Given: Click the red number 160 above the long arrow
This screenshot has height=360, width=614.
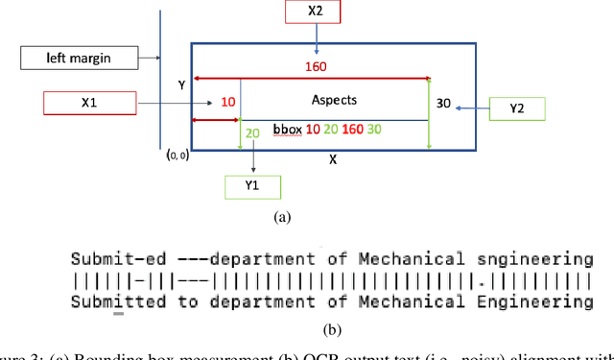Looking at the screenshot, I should (x=316, y=67).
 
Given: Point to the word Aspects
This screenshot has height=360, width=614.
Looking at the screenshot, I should (x=335, y=100).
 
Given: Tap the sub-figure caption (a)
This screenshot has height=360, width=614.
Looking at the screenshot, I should (x=281, y=217).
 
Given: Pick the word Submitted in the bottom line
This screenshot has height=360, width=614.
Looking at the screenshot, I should (x=111, y=301).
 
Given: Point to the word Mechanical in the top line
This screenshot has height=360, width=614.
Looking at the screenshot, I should (x=406, y=258).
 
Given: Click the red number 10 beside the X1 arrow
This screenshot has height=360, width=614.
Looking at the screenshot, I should (x=228, y=102).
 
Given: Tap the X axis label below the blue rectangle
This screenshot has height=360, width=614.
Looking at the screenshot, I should (x=333, y=159).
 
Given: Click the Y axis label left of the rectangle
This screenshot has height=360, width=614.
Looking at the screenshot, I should (x=181, y=84).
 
